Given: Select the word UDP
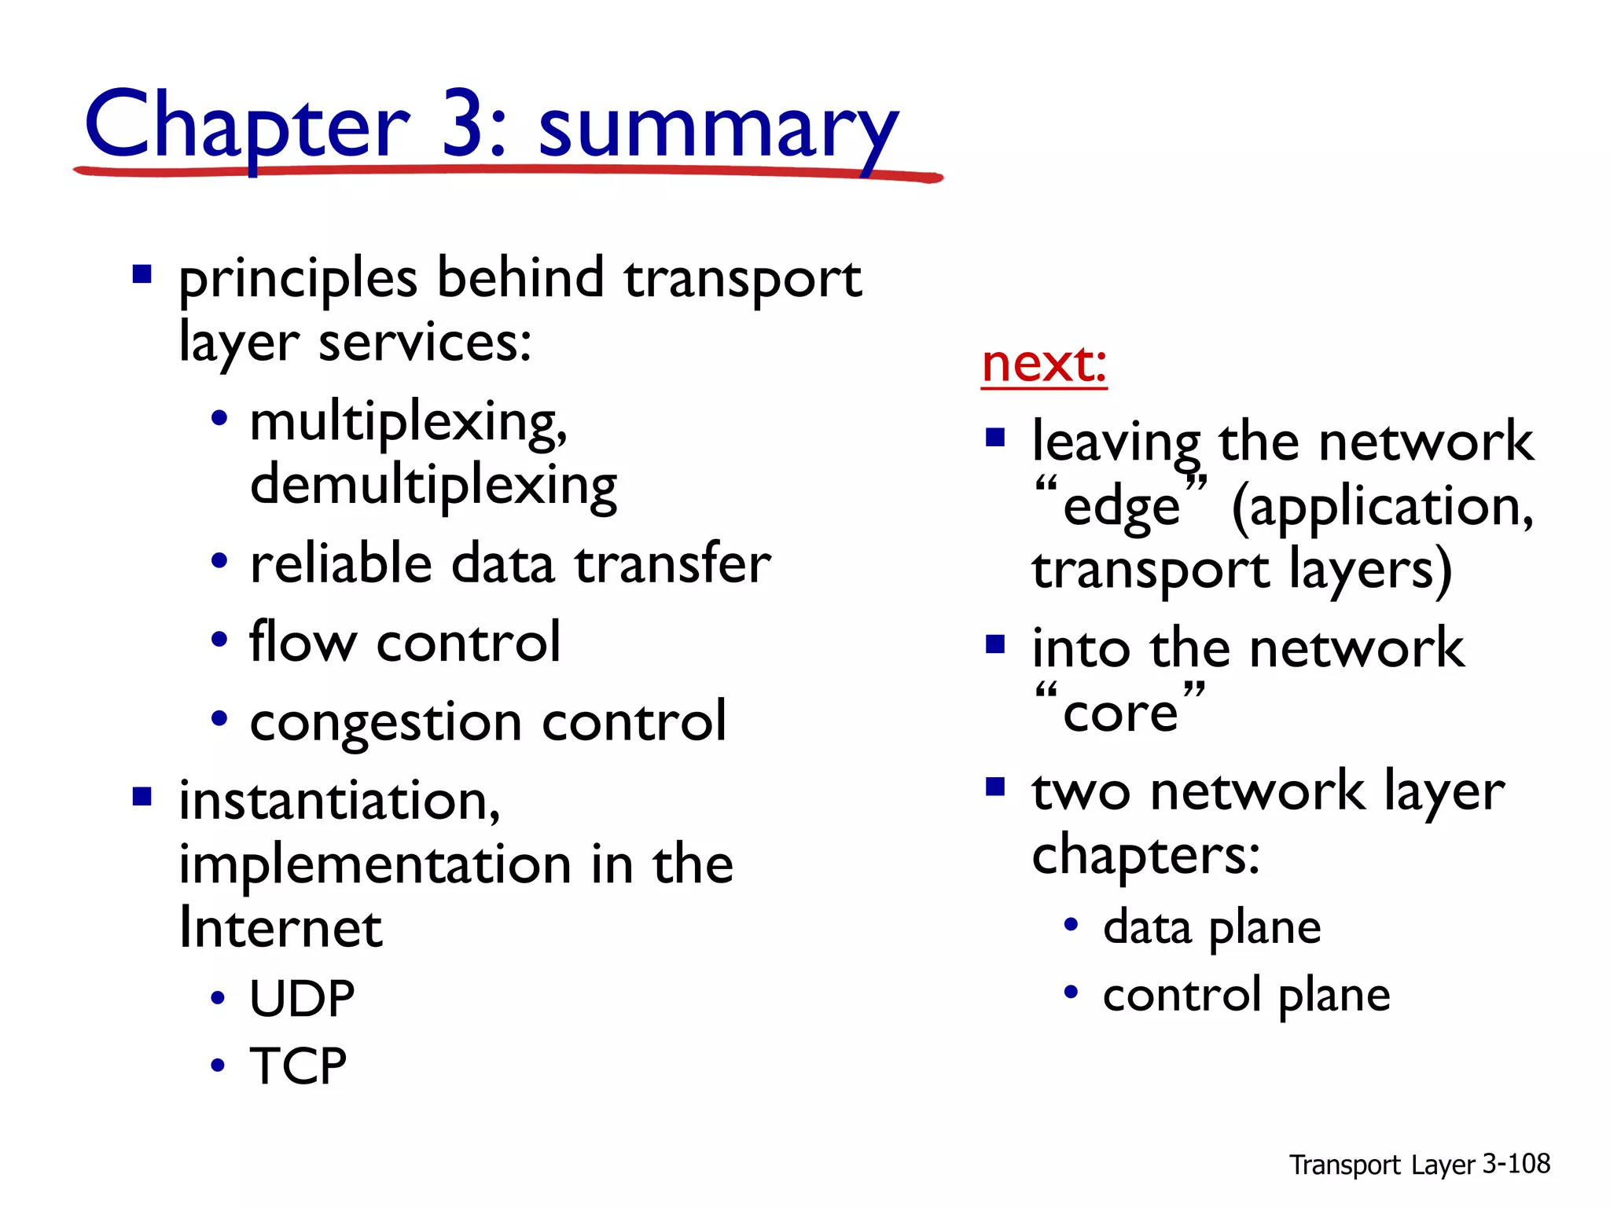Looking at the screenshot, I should (302, 999).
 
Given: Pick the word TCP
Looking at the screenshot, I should (298, 1066).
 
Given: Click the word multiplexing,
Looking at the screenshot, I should (408, 423).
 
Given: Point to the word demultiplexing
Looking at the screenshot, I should (433, 486).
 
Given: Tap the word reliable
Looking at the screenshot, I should (341, 563).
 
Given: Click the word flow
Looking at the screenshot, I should (303, 642).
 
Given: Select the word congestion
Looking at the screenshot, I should (386, 721).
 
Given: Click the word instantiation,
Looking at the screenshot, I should (339, 801).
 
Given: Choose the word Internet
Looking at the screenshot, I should (281, 928).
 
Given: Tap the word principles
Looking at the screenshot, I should (298, 279).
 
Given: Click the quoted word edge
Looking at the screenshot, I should (1121, 507).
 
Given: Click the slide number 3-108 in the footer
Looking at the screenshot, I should (1516, 1164).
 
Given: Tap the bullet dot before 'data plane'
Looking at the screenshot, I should (1071, 925).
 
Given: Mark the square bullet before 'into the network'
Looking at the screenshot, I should (995, 644).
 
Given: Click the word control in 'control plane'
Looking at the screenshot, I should (1182, 996).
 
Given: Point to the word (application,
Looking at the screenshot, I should (1382, 507).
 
